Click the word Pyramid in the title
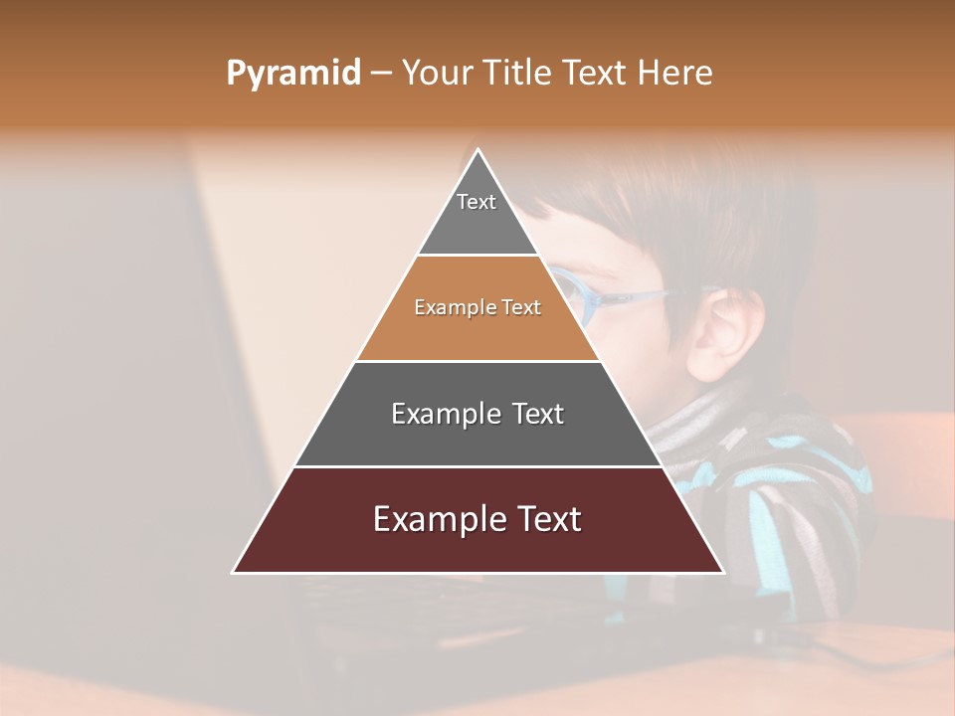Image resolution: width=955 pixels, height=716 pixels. [293, 74]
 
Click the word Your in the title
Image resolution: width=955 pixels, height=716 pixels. [435, 74]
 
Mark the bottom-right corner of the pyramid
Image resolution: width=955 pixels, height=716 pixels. [722, 572]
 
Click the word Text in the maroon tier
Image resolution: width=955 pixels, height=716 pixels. [543, 519]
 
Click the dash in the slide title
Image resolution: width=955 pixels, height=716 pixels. [381, 74]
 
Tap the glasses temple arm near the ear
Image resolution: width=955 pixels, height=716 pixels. [657, 294]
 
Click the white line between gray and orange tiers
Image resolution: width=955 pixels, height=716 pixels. [477, 256]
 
